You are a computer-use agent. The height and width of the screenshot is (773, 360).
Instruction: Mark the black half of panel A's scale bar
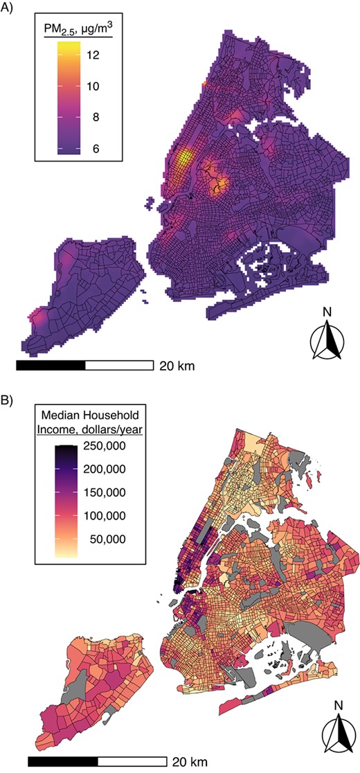[x=50, y=364]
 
